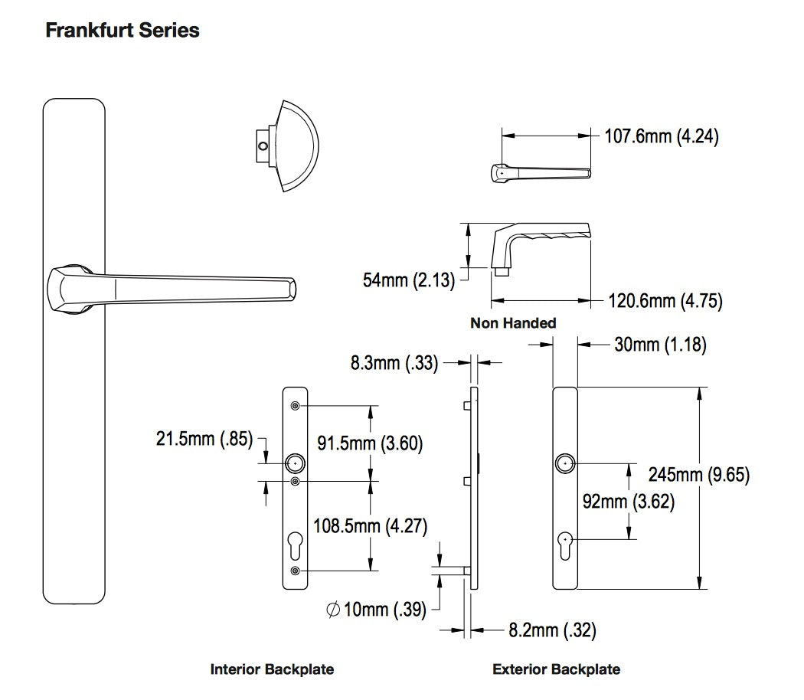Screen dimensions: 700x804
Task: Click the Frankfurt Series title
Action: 123,31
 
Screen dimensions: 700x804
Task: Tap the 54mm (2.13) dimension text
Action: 408,280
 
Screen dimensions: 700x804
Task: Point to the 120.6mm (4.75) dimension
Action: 665,300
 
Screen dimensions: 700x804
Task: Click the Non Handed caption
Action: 513,323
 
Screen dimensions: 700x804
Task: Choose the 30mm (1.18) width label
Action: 660,345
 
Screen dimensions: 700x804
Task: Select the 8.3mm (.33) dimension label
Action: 394,363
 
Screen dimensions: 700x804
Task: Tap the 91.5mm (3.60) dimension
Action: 370,443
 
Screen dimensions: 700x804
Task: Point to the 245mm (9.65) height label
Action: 699,475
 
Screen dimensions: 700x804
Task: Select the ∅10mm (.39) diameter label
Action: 376,610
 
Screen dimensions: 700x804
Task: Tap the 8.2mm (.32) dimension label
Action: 552,630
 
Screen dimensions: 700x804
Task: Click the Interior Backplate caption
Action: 272,669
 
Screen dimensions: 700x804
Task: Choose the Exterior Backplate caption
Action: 557,669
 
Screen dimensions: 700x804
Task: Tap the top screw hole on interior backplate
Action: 295,406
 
